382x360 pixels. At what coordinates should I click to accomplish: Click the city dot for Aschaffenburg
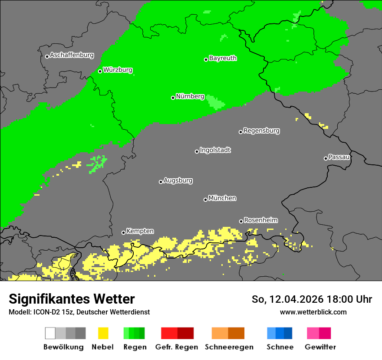point(47,56)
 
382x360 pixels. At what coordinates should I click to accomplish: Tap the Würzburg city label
point(118,70)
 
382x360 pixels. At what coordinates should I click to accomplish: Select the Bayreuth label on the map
point(223,58)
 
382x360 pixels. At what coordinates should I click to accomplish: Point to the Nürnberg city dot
point(173,98)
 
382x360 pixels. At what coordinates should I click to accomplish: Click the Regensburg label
point(261,131)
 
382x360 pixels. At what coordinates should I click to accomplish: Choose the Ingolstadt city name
point(215,150)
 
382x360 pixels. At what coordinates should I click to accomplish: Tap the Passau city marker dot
point(326,158)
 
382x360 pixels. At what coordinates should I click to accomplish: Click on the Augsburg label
point(178,180)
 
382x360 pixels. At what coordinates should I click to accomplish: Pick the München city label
point(222,198)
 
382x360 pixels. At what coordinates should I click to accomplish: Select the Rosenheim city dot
point(241,221)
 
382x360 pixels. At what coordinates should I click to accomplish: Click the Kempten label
point(140,231)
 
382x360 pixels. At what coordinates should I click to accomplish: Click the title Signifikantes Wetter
point(72,299)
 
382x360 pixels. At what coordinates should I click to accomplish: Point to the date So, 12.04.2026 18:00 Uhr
point(312,299)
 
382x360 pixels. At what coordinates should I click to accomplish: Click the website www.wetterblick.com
point(313,312)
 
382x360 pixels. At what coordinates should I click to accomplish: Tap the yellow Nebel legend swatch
point(103,333)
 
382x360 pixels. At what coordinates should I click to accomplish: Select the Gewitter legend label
point(320,347)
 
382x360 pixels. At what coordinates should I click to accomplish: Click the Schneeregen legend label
point(229,347)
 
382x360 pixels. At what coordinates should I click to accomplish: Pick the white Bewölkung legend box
point(50,333)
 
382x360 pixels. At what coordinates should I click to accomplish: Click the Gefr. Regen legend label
point(177,347)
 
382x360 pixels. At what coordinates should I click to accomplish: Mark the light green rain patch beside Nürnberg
point(215,102)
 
